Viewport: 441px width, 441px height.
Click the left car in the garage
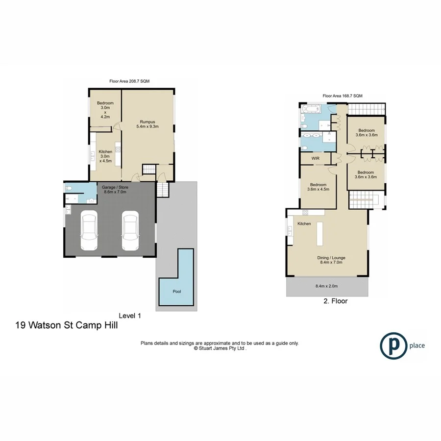coord(89,232)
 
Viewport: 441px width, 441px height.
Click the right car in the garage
coord(130,232)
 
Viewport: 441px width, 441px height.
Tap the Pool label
coord(177,292)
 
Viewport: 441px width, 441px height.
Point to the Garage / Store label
coord(114,190)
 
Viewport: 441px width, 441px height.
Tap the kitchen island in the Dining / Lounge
coord(321,234)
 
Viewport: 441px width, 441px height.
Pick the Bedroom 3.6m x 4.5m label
coord(318,187)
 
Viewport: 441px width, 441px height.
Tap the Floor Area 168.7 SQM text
coord(342,96)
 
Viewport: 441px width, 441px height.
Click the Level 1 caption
coord(130,316)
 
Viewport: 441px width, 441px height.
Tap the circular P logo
coord(393,345)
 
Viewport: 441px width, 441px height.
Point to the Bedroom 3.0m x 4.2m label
coord(105,110)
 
